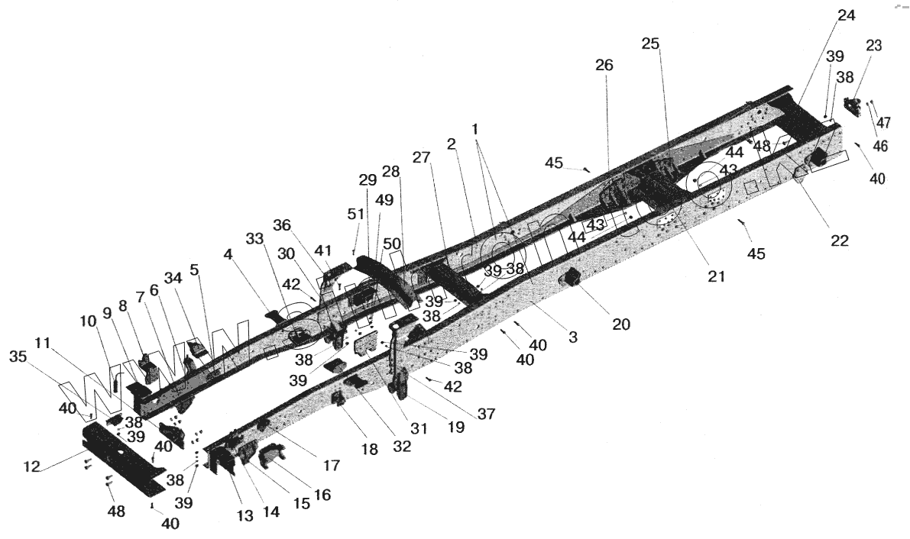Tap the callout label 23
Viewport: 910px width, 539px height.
coord(873,46)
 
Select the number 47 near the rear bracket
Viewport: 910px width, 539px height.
coord(883,122)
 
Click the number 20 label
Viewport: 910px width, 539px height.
coord(620,324)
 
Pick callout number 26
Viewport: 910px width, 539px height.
coord(604,66)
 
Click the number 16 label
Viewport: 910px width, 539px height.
coord(322,495)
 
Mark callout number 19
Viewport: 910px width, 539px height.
coord(456,428)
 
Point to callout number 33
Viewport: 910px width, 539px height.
coord(255,239)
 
